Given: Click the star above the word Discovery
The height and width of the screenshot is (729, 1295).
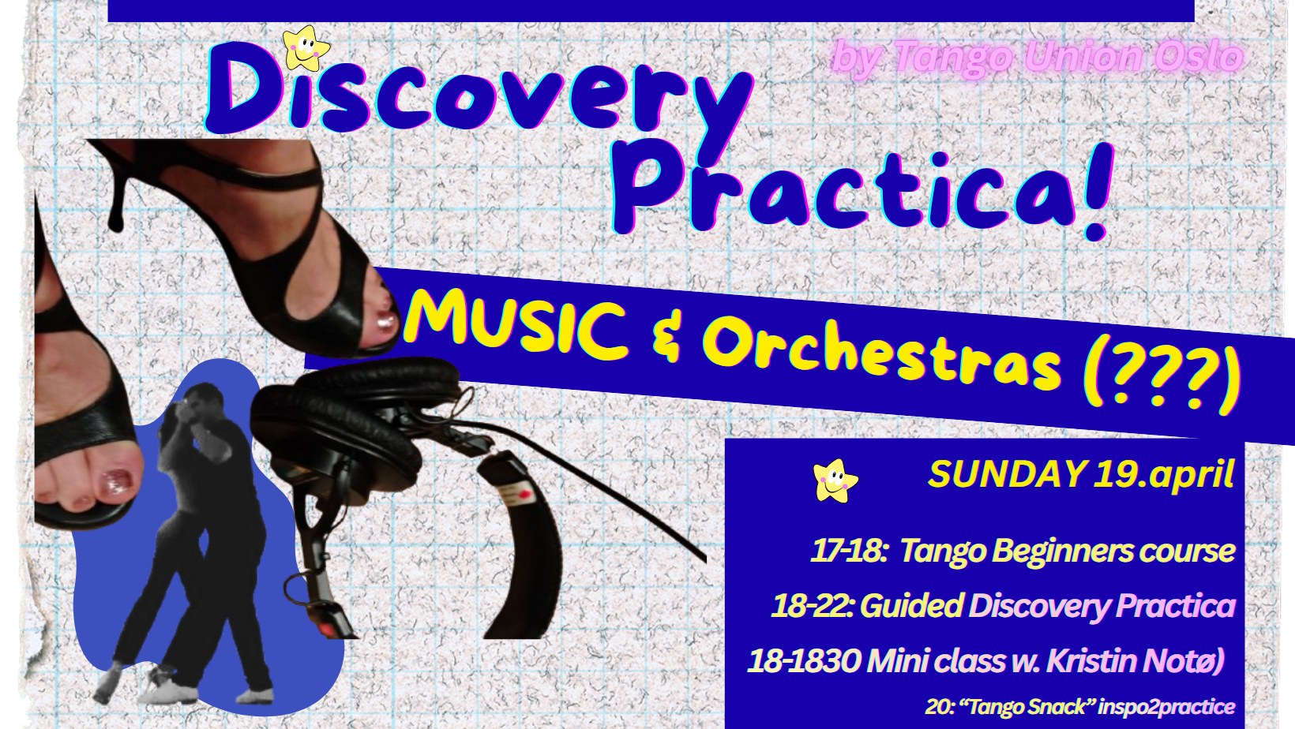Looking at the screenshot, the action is coord(306,49).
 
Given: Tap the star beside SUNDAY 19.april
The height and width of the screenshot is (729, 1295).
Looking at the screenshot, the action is coord(835,480).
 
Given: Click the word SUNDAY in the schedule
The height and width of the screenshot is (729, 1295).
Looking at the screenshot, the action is coord(1007,474).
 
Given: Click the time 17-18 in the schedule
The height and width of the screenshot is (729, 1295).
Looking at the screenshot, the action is coord(848,551).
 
